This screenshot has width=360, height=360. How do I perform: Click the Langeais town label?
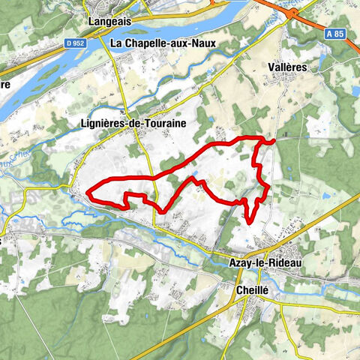[109, 22]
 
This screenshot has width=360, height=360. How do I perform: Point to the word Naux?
[202, 43]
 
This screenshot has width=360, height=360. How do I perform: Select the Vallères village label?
[288, 67]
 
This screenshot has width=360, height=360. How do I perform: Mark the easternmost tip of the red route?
[274, 139]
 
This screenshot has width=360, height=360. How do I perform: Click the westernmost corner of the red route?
[88, 193]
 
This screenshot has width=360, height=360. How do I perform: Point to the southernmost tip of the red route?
[248, 223]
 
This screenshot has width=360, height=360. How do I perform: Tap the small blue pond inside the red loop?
[195, 180]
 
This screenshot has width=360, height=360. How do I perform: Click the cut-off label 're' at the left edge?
[4, 85]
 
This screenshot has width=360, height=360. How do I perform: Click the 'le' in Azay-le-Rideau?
[259, 262]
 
